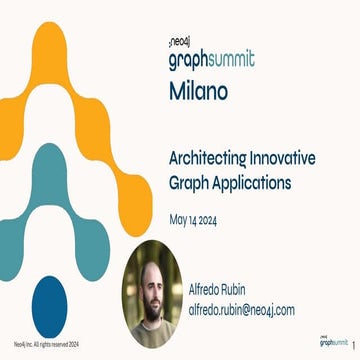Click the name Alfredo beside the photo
point(210,289)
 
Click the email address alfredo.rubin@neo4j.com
point(241,310)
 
